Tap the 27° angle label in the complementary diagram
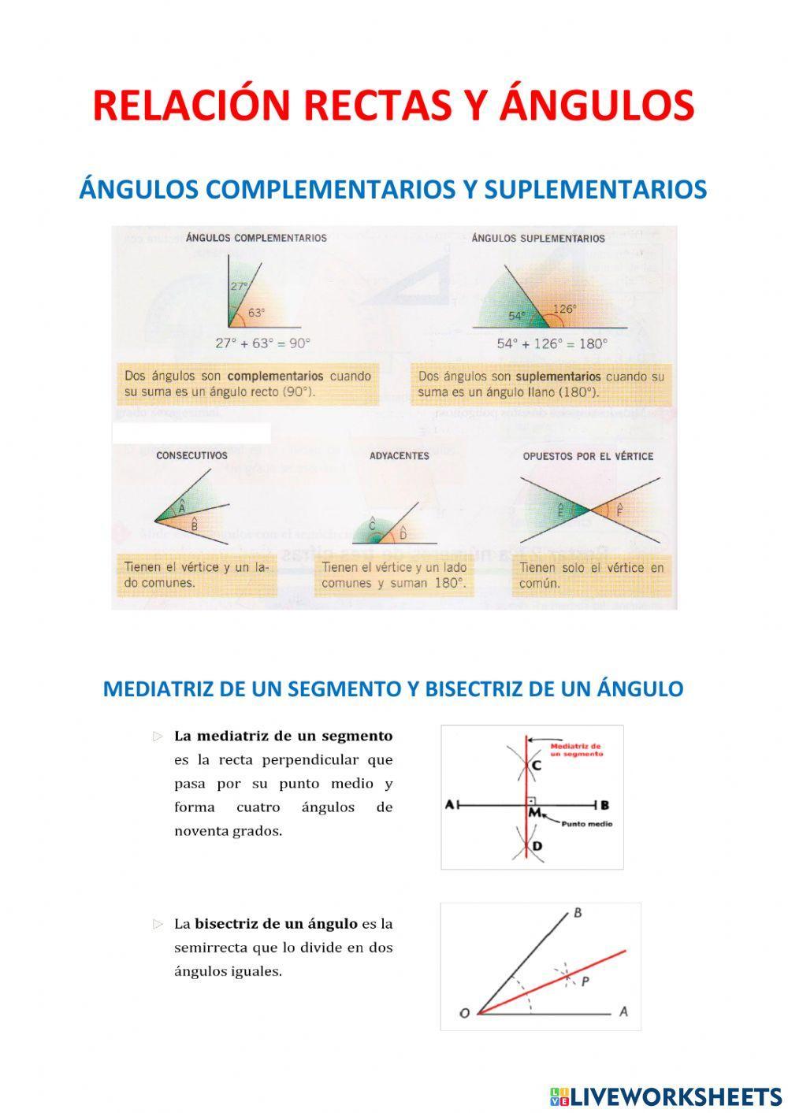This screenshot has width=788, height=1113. click(x=239, y=287)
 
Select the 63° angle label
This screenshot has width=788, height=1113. click(x=257, y=313)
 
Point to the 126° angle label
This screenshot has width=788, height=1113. click(x=564, y=310)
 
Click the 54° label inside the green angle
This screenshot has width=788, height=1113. click(x=517, y=316)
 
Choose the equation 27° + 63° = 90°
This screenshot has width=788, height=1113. click(x=263, y=343)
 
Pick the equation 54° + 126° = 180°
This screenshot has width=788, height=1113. click(x=552, y=343)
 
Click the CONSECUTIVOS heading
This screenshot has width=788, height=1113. click(x=191, y=455)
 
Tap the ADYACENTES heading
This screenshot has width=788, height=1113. click(x=399, y=455)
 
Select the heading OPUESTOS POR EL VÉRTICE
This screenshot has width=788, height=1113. click(x=588, y=456)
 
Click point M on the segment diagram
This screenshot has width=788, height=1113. click(x=534, y=811)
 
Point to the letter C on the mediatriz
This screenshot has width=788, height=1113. click(x=537, y=765)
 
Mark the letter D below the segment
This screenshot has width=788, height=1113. click(x=537, y=847)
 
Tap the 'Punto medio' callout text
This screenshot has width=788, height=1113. click(x=586, y=824)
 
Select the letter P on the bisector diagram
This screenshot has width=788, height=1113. click(x=585, y=981)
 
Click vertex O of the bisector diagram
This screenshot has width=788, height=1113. click(x=465, y=1013)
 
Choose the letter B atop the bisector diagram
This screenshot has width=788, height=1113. click(x=578, y=914)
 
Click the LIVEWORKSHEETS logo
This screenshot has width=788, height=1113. click(x=666, y=1096)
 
